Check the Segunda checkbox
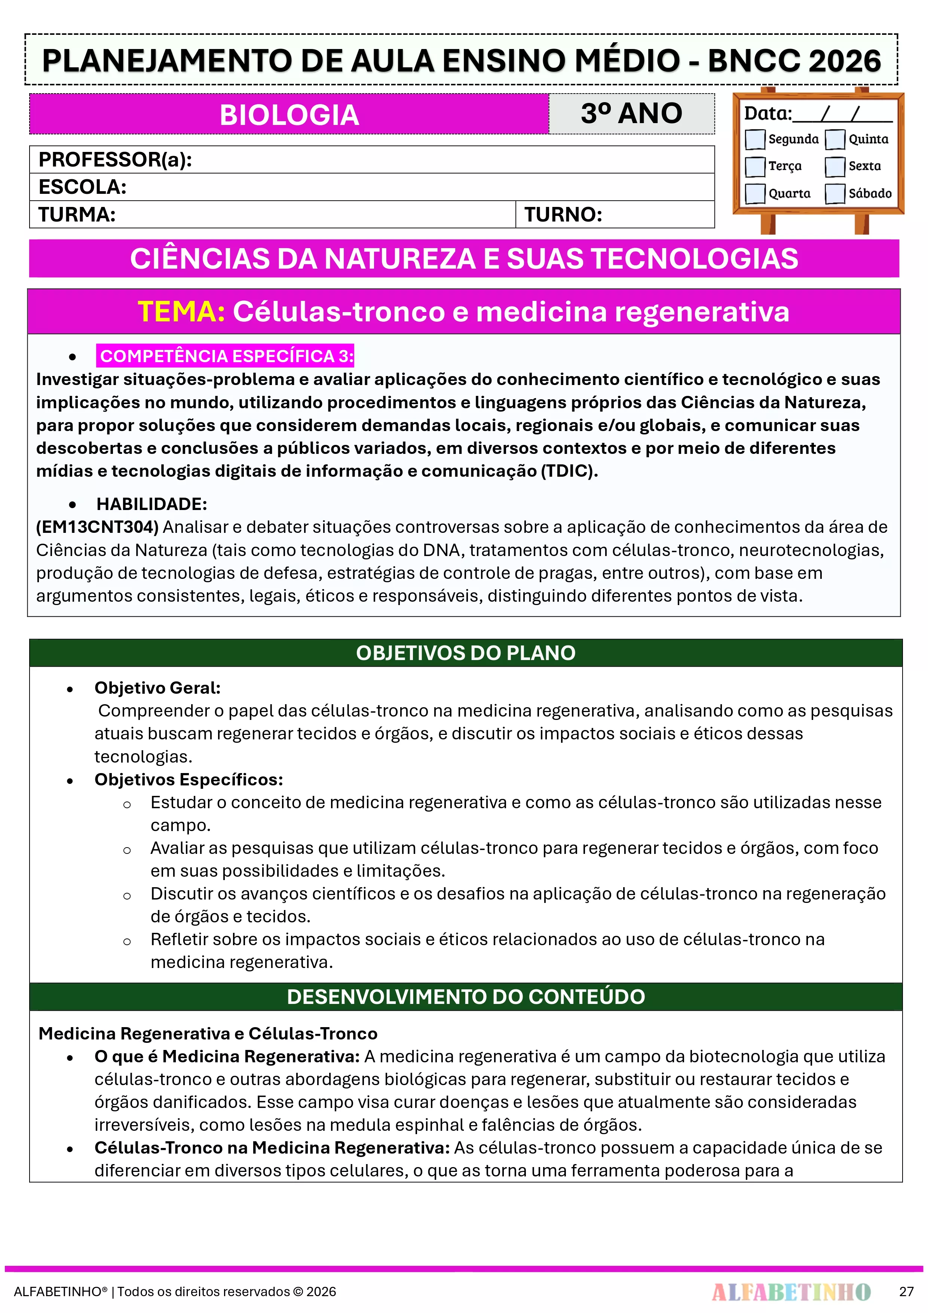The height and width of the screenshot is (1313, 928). coord(755,139)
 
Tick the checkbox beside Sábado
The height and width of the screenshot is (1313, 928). coord(835,193)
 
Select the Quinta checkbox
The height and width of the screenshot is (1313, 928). coord(835,139)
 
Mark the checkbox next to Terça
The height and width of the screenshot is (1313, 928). coord(755,167)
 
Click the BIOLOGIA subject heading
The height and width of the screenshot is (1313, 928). coord(289,114)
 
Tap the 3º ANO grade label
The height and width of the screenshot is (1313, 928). coord(631,113)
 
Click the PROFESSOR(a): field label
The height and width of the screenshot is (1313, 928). coord(115,159)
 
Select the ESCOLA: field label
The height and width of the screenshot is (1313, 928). coord(82,187)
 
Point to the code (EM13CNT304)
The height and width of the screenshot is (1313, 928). coord(97,527)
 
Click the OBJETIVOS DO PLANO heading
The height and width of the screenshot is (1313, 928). coord(465,653)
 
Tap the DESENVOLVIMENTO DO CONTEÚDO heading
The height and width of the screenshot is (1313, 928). coord(465,997)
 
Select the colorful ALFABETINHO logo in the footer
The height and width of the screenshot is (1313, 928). coord(791,1291)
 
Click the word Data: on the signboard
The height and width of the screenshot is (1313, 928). coord(767,113)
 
